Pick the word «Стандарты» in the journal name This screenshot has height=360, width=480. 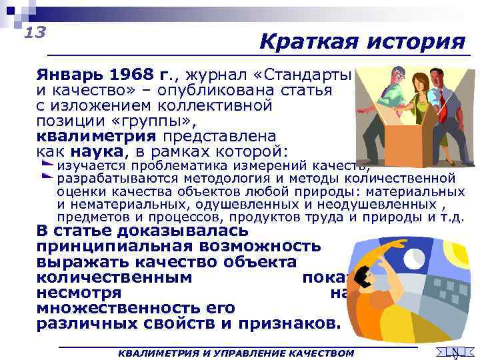(314, 74)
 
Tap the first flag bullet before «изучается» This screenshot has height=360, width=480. (48, 164)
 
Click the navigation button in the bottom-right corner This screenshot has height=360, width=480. (454, 352)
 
